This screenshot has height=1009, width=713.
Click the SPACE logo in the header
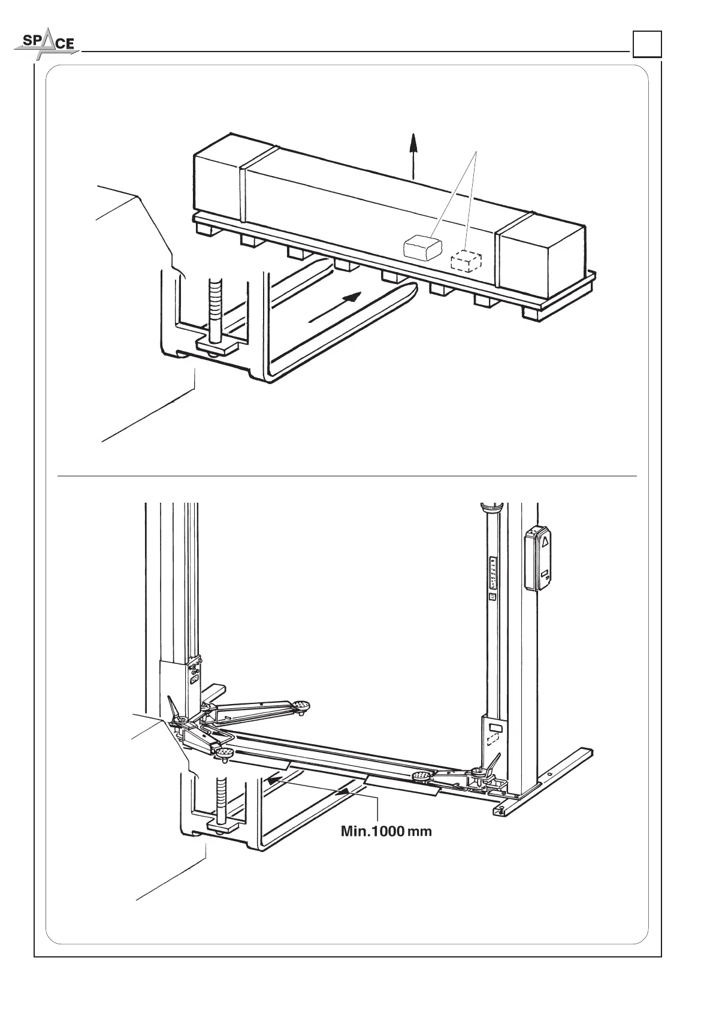point(45,44)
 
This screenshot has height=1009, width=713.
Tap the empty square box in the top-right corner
point(646,44)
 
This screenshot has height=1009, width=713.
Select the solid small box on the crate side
point(422,246)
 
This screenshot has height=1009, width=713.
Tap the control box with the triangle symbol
point(539,558)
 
